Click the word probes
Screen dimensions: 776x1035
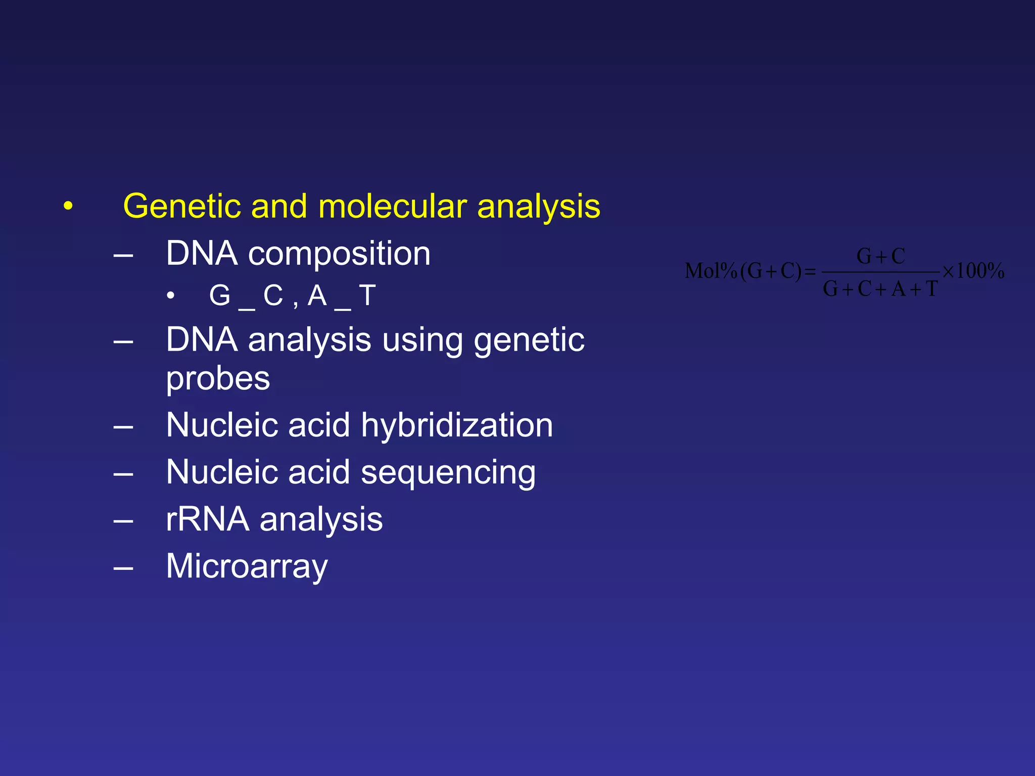(218, 379)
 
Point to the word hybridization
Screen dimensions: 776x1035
(457, 425)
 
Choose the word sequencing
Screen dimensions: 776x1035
(448, 473)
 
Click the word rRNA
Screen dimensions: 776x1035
(207, 519)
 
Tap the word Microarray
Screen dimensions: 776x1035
(247, 567)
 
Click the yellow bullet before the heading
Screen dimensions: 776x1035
(68, 206)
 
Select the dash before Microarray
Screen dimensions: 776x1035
(123, 568)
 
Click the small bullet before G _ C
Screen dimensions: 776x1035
(171, 296)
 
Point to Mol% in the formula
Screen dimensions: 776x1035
(710, 271)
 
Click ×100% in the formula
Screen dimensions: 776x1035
(973, 271)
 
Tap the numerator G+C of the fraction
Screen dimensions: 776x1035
(880, 256)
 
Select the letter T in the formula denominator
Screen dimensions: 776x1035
(931, 289)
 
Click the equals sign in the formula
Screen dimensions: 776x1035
(810, 272)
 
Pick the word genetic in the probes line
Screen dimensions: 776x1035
(529, 339)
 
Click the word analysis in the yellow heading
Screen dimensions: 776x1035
(538, 207)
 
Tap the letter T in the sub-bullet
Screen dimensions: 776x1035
(367, 296)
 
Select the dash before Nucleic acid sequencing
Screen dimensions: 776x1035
(123, 474)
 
